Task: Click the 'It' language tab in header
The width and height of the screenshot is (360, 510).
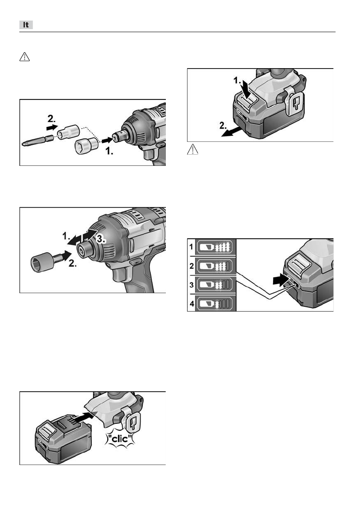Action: [26, 25]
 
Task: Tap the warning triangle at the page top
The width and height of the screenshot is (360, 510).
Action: [25, 57]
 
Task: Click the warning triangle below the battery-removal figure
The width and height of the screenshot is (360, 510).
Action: [192, 150]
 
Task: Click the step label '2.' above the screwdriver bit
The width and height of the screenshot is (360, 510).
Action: [52, 118]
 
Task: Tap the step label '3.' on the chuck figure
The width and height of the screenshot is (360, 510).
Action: [101, 239]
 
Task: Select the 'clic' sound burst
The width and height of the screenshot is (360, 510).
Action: [120, 439]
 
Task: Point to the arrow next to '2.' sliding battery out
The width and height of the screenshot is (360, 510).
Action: [231, 132]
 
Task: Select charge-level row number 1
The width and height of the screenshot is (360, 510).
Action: [215, 247]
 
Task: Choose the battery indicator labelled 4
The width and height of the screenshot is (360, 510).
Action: [215, 304]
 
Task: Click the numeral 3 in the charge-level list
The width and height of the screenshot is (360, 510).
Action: [192, 285]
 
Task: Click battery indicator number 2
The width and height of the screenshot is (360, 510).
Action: [215, 266]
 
